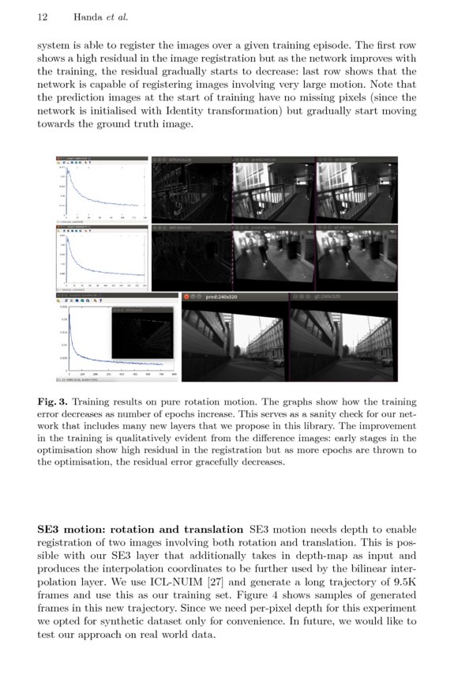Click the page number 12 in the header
43,17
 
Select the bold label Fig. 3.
51,402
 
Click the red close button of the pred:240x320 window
186,296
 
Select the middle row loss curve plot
101,259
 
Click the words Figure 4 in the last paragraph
267,600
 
